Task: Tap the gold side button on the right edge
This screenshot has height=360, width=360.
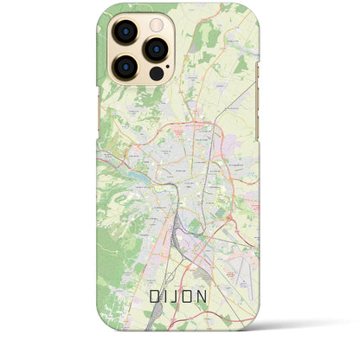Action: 260,69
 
